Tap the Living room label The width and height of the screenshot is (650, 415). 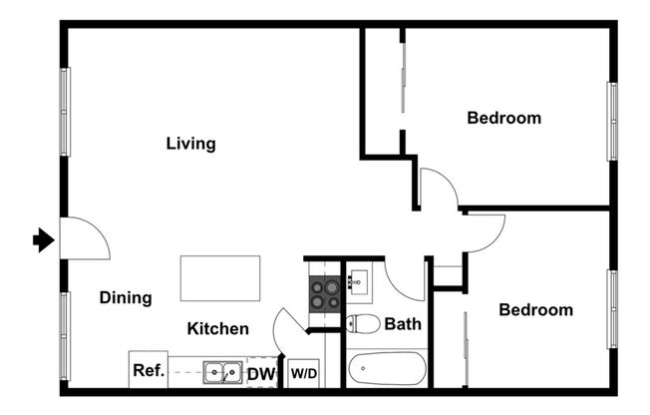pos(190,144)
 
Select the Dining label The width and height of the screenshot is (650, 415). pos(126,297)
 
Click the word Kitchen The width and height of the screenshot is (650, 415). pos(218,328)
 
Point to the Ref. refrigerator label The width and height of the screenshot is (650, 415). pos(148,371)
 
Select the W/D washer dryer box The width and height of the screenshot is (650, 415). pos(304,374)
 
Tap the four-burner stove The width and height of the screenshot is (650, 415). pos(322,293)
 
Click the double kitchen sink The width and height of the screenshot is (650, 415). pos(221,372)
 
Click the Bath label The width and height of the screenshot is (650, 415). pos(403,323)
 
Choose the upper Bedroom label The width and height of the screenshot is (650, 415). pos(503,118)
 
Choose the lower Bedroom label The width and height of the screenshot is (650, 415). pos(535,309)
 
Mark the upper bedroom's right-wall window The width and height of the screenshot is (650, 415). pos(612,121)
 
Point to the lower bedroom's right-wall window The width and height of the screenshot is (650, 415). pos(612,308)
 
